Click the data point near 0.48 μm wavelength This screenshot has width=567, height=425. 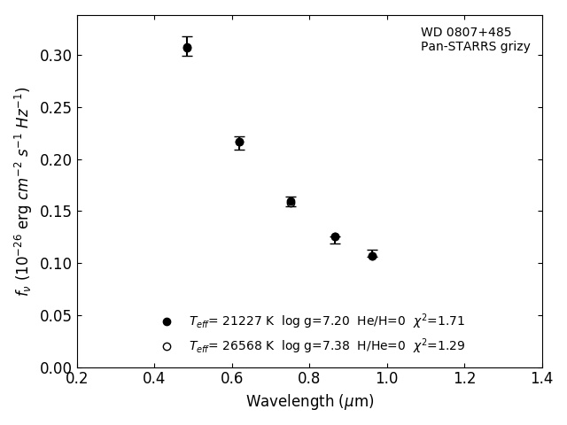coord(187,48)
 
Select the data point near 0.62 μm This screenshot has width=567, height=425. coord(239,142)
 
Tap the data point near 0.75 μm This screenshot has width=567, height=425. coord(291,202)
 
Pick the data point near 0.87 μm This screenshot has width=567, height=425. coord(335,237)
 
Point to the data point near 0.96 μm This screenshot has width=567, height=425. coord(372,256)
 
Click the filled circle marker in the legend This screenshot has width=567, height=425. coord(167,322)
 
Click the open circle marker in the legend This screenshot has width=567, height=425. coord(167,346)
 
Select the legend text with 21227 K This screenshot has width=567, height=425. coord(326,321)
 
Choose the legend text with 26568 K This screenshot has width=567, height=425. coord(326,345)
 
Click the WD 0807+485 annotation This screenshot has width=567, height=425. coord(466,33)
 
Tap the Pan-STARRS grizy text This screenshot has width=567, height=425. coord(476,47)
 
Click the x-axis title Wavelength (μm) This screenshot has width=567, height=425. coord(310,402)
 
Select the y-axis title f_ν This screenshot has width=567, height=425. coord(23,191)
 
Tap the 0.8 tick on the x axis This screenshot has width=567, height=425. coord(310,378)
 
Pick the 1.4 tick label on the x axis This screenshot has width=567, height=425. coord(542,378)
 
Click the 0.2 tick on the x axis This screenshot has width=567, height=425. coord(77,378)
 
